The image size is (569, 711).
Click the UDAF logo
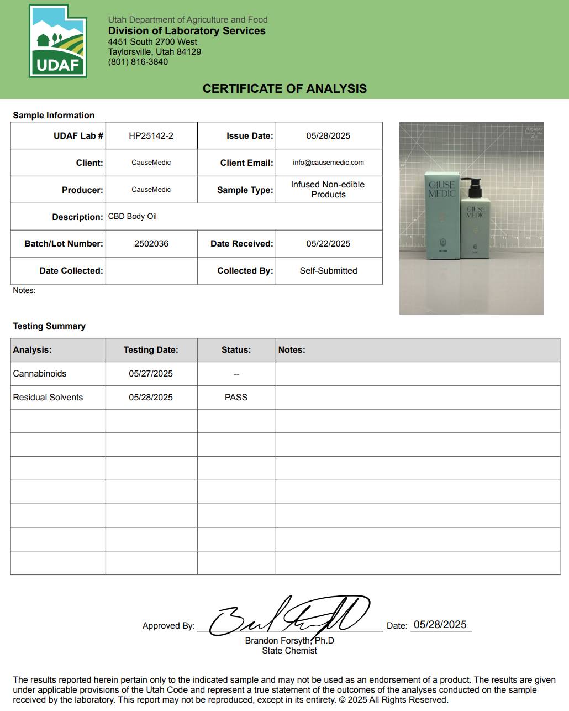[58, 41]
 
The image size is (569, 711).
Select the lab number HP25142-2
[151, 136]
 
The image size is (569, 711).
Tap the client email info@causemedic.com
[328, 163]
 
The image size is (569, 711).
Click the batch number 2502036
[151, 244]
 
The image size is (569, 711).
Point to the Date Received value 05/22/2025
[328, 244]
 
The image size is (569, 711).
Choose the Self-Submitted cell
[328, 271]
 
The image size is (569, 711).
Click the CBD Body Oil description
[133, 217]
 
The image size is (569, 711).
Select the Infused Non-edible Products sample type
[328, 190]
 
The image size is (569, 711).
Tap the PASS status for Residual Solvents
[236, 398]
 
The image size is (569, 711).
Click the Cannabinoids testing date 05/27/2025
[151, 374]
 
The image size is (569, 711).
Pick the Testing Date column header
[151, 350]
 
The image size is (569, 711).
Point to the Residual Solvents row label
[48, 398]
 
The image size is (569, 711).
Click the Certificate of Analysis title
[284, 89]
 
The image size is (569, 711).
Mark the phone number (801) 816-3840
[138, 62]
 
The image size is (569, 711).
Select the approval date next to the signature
[440, 625]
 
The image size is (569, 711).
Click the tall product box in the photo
[442, 216]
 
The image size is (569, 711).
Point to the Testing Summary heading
[49, 326]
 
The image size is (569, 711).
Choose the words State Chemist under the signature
[289, 651]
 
